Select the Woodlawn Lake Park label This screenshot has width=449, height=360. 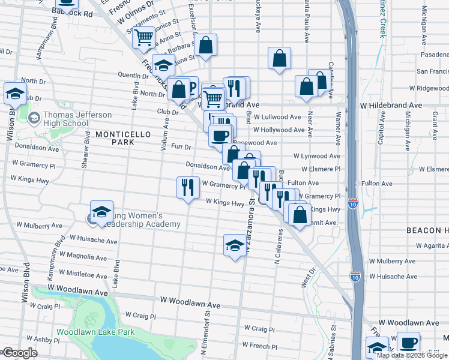(95, 331)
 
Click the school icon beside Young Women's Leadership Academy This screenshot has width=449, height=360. (101, 212)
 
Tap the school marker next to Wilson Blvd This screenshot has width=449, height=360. (15, 93)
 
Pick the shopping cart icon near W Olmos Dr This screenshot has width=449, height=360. (143, 38)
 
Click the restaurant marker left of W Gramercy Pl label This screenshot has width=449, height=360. (188, 187)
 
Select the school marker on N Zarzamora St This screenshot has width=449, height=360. (235, 244)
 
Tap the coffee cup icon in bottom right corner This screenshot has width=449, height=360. (409, 343)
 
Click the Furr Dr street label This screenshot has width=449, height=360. (180, 147)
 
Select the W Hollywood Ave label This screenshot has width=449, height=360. (279, 130)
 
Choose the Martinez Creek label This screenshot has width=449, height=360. (381, 18)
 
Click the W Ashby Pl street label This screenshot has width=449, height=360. (44, 339)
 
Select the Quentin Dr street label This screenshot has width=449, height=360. (133, 75)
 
